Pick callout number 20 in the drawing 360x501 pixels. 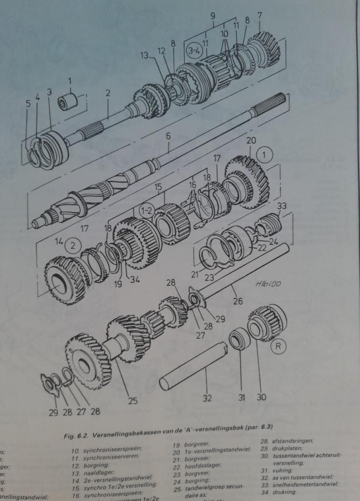(x=251, y=140)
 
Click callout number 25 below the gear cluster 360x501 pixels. (x=133, y=401)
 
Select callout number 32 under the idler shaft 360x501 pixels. (x=207, y=398)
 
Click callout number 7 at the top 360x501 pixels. (x=260, y=15)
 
